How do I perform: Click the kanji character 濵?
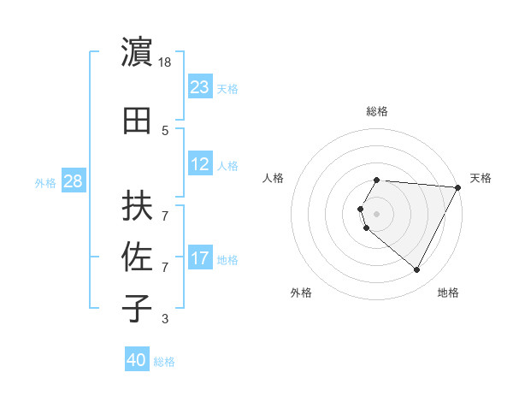138,53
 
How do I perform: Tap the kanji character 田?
138,120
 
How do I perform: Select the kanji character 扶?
138,206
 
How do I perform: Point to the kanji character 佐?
138,257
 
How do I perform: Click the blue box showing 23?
200,86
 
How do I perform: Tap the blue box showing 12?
200,164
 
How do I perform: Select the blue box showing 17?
200,258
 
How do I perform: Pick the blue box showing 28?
73,181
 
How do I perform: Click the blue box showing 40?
137,360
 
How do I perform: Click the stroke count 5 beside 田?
165,131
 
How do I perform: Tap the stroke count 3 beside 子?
165,319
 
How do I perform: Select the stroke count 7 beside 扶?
165,207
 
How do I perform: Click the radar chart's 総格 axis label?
377,111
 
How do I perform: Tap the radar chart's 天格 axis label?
481,178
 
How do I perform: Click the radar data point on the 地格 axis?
417,270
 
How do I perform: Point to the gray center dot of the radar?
377,213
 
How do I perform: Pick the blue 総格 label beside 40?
164,362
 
